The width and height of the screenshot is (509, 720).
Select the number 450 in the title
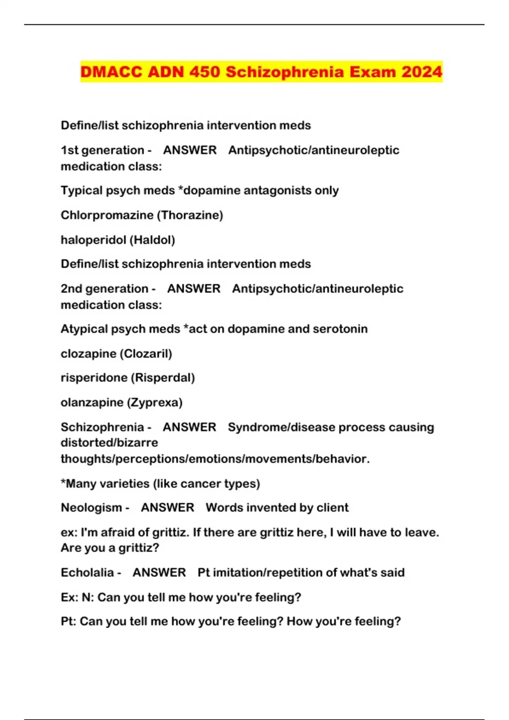tap(204, 72)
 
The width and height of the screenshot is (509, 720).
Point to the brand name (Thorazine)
tap(190, 215)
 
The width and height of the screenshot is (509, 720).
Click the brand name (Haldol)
tap(152, 240)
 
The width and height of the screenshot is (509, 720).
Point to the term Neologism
tap(91, 507)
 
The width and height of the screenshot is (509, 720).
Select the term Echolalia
tap(87, 573)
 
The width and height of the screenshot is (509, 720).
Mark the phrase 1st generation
tap(102, 150)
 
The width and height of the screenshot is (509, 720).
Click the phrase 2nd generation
tap(104, 289)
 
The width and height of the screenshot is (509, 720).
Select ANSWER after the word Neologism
tap(168, 507)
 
